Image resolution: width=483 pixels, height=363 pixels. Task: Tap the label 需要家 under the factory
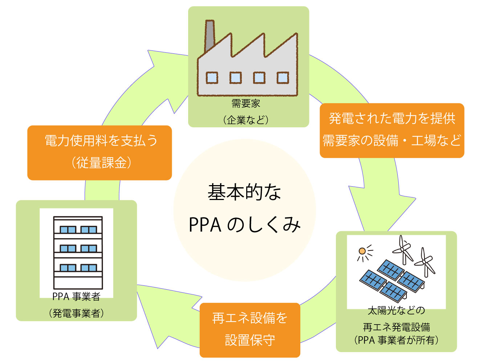pos(246,103)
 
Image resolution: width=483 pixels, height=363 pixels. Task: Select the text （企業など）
pos(246,120)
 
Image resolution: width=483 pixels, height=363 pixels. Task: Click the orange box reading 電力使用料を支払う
pos(101,141)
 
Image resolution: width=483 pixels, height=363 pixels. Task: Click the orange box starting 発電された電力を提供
pos(392,119)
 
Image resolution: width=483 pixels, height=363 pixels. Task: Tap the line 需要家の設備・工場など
pos(392,140)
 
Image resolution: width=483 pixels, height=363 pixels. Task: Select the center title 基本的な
pos(244,192)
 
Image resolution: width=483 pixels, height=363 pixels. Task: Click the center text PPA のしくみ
pos(244,225)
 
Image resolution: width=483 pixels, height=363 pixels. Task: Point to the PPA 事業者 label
pos(76,297)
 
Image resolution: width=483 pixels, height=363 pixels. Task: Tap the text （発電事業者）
pos(76,313)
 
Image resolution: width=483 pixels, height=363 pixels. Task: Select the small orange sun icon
pos(362,251)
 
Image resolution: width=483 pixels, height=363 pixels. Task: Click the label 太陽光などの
pos(396,311)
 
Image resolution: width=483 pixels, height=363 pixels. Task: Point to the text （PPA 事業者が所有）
pos(396,340)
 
